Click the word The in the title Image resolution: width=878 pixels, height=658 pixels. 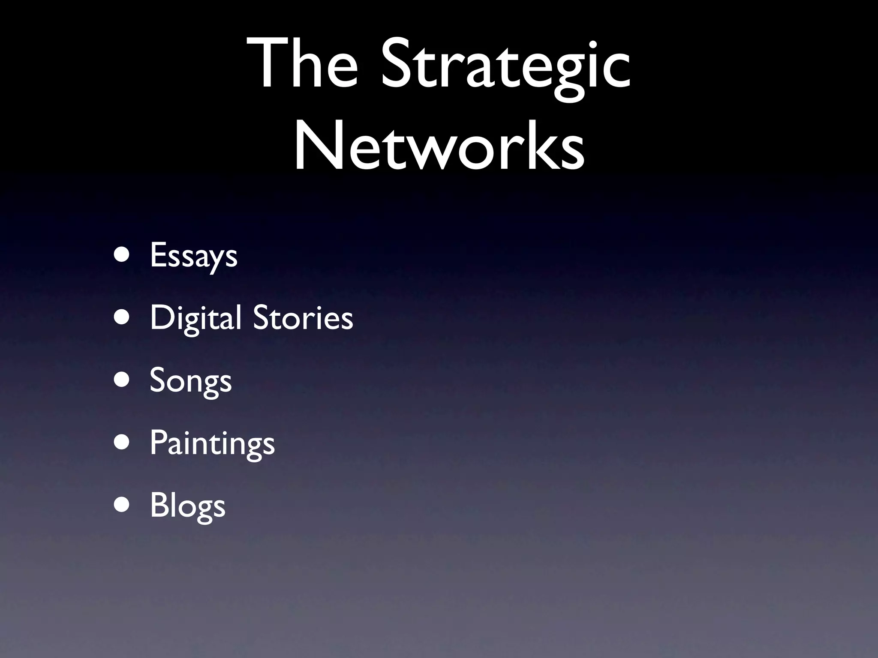(x=302, y=64)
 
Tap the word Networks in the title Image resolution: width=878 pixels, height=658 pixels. (x=439, y=146)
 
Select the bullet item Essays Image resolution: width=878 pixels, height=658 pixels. (x=193, y=256)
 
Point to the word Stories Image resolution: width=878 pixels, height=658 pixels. (x=303, y=318)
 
